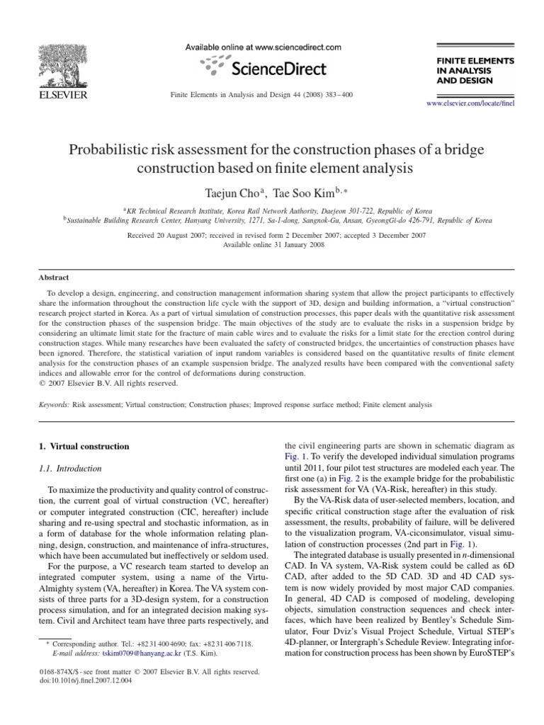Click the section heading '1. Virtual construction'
click(83, 447)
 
